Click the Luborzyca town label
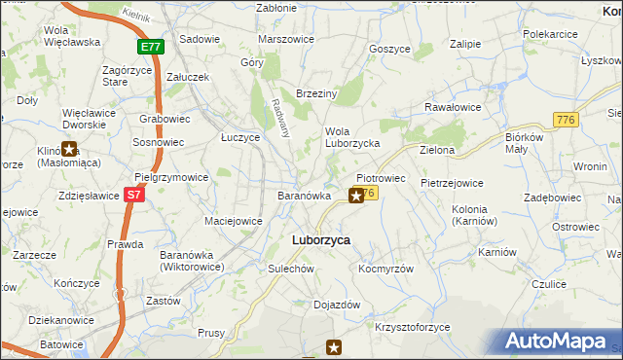pyautogui.click(x=321, y=239)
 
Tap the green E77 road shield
pyautogui.click(x=150, y=47)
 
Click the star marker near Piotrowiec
pyautogui.click(x=356, y=196)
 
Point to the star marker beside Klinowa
pyautogui.click(x=70, y=149)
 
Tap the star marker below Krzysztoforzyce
pyautogui.click(x=334, y=346)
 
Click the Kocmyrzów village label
pyautogui.click(x=386, y=269)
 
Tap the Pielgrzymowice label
pyautogui.click(x=171, y=177)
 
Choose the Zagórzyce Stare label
pyautogui.click(x=129, y=77)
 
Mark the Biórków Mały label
pyautogui.click(x=531, y=143)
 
